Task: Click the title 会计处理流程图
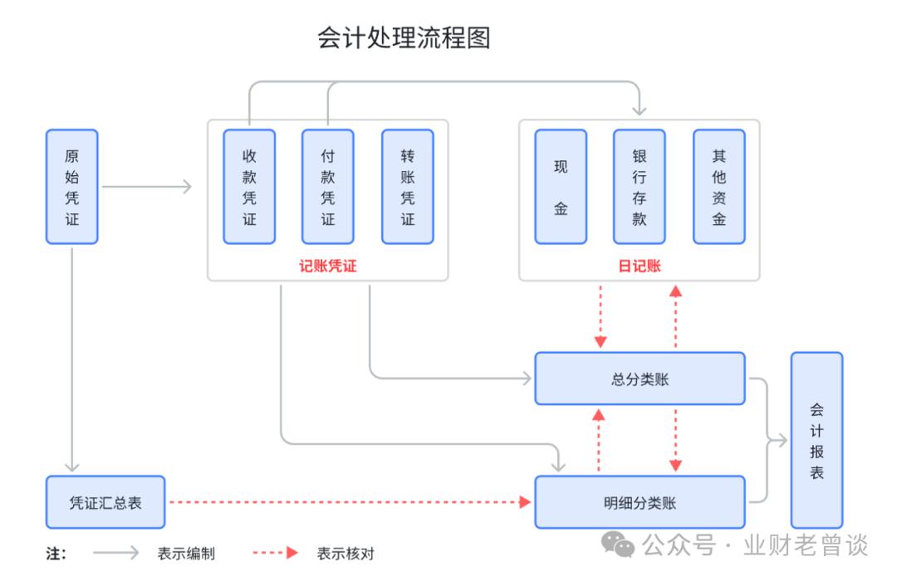[x=404, y=38]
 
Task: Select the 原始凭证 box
[x=71, y=187]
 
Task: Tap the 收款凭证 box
[x=249, y=187]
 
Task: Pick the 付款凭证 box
[x=328, y=187]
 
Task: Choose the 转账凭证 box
[x=407, y=187]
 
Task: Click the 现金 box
[x=561, y=187]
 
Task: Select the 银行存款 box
[x=639, y=187]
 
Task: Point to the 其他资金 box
[x=718, y=187]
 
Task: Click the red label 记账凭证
[x=327, y=266]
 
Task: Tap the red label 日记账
[x=639, y=266]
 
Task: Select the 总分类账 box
[x=640, y=378]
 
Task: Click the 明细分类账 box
[x=640, y=502]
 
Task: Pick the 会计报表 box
[x=816, y=440]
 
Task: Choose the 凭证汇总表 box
[x=105, y=502]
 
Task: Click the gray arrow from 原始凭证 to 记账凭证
[x=146, y=187]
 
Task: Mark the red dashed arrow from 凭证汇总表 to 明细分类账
[x=349, y=502]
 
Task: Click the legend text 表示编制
[x=186, y=554]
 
